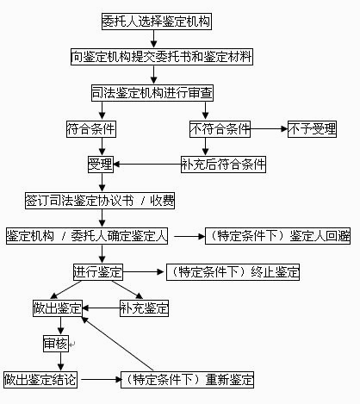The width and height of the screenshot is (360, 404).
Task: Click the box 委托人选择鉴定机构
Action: [157, 22]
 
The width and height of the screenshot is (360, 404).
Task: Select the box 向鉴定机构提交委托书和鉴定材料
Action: [162, 57]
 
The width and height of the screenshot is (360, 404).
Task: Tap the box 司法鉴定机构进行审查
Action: [152, 93]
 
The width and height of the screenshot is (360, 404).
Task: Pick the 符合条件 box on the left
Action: [91, 129]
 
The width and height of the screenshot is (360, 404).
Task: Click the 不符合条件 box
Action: [220, 129]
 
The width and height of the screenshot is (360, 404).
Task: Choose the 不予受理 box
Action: [312, 129]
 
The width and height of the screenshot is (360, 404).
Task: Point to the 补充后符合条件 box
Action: [223, 165]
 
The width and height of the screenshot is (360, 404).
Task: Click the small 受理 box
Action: [101, 165]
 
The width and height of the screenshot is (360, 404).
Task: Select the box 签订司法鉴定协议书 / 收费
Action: [100, 201]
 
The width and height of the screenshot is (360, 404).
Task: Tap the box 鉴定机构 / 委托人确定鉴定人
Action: [87, 236]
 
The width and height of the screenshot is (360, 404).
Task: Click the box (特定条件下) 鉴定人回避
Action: [277, 236]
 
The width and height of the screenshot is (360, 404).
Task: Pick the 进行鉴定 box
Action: [98, 272]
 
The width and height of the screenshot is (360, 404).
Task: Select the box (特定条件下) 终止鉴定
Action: [233, 272]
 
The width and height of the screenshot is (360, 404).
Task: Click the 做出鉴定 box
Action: [58, 308]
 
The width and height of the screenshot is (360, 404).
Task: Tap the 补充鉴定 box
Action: [144, 308]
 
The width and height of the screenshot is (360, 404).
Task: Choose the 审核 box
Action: [56, 344]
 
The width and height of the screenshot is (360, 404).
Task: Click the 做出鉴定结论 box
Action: [40, 380]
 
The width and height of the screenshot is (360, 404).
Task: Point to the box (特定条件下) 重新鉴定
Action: [187, 380]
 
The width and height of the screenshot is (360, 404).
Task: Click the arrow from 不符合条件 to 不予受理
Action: [269, 129]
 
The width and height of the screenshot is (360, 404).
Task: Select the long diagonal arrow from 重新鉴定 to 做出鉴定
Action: [117, 344]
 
